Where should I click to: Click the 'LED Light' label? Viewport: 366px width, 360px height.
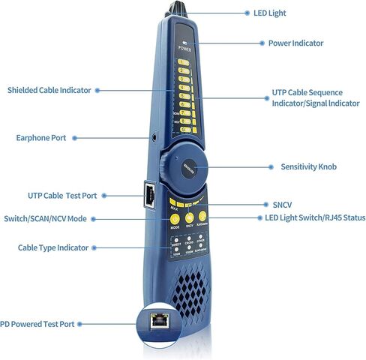[267, 13]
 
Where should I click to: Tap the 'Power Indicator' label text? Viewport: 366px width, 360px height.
[295, 43]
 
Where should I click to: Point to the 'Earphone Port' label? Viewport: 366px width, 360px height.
[41, 138]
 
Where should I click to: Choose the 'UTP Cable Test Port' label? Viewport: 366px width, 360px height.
[62, 196]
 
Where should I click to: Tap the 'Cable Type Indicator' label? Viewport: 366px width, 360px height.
[53, 247]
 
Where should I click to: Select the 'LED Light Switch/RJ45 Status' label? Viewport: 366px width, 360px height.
[315, 218]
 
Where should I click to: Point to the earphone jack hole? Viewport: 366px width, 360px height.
[154, 138]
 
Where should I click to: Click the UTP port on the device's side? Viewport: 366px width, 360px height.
[150, 195]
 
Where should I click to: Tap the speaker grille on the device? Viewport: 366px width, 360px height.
[194, 286]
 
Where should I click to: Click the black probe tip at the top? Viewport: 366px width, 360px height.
[179, 7]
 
